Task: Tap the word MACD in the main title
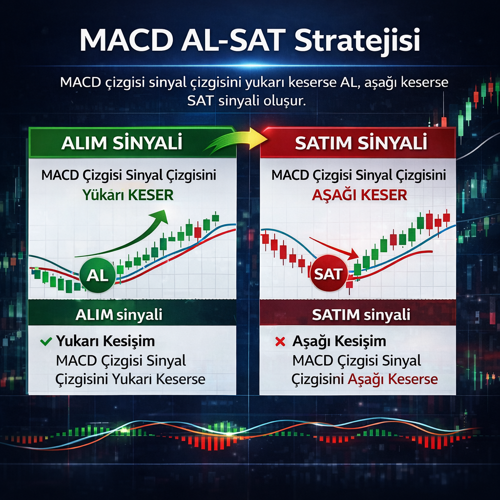click(126, 40)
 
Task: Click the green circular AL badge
click(98, 275)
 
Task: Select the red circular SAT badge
click(329, 273)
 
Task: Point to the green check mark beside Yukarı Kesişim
click(46, 341)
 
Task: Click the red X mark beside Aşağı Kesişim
click(280, 341)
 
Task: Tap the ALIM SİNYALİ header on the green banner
click(122, 143)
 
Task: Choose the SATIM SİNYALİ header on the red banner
click(361, 143)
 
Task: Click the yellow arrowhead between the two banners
click(258, 138)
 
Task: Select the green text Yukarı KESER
click(128, 195)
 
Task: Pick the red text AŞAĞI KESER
click(359, 194)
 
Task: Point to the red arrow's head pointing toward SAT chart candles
click(353, 254)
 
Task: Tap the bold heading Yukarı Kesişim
click(105, 341)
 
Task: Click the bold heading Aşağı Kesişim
click(339, 341)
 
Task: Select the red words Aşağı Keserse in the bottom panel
click(393, 379)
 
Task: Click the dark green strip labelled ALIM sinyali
click(132, 312)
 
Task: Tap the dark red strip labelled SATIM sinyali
click(358, 312)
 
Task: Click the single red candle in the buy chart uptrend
click(198, 232)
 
